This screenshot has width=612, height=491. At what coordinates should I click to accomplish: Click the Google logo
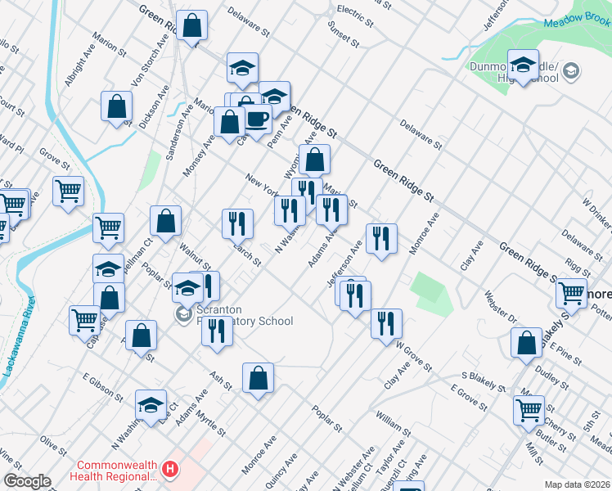pos(27,481)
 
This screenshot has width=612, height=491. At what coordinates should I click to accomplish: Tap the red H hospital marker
pos(170,470)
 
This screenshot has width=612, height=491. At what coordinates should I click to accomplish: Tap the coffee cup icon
pos(257,119)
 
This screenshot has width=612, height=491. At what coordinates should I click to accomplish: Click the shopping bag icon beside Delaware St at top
pos(192,26)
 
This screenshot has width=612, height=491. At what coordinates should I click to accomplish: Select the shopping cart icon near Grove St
pos(68,191)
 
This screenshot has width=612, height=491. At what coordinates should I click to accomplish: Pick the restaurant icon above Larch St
pos(237,222)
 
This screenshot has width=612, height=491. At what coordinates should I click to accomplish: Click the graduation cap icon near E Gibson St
pos(151,404)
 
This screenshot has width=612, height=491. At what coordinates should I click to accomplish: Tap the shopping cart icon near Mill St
pos(529,409)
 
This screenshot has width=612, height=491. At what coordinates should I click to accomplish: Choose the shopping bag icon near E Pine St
pos(527,342)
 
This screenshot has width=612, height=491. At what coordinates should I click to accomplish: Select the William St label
pos(393,424)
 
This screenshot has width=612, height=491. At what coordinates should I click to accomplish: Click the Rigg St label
pos(578,267)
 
